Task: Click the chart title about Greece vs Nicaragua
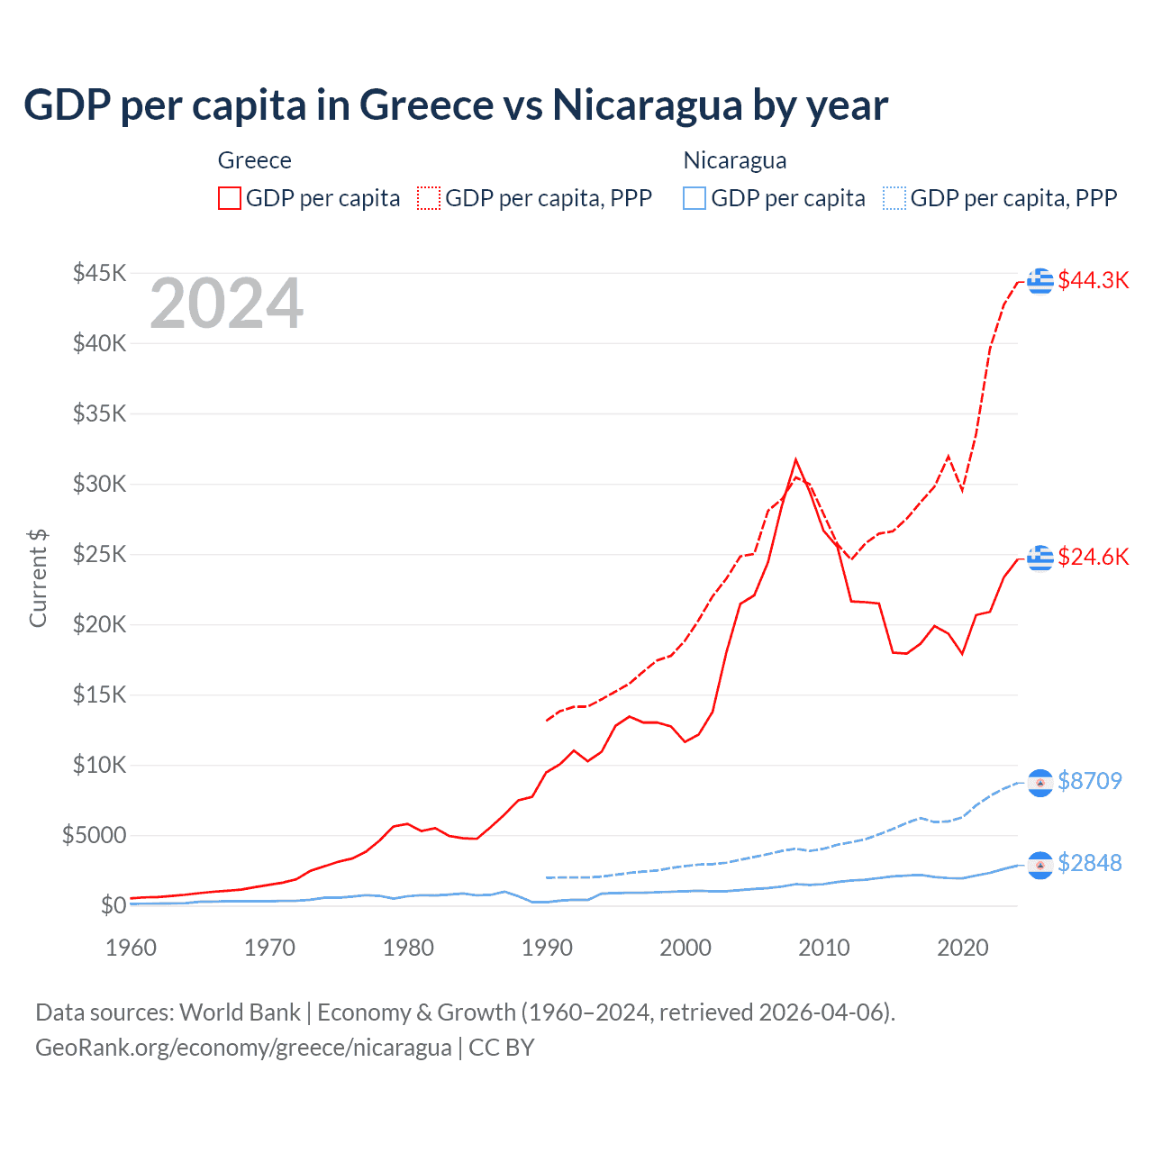(456, 105)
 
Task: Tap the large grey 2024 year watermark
(226, 304)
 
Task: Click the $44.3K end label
(1093, 280)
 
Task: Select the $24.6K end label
(1093, 557)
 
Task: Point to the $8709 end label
(1089, 781)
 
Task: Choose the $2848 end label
(1089, 863)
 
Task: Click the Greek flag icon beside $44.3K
(1040, 281)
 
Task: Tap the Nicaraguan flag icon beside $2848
(1040, 865)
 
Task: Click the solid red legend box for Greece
(230, 198)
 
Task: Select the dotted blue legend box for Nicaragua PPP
(894, 198)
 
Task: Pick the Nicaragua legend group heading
(735, 160)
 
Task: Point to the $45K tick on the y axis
(100, 273)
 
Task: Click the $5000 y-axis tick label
(94, 835)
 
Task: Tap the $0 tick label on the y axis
(113, 905)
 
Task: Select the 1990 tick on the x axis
(547, 948)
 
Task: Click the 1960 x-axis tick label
(132, 948)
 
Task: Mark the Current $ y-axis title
(38, 578)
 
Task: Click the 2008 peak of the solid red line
(795, 460)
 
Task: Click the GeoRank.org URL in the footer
(243, 1048)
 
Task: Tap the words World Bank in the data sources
(240, 1012)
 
